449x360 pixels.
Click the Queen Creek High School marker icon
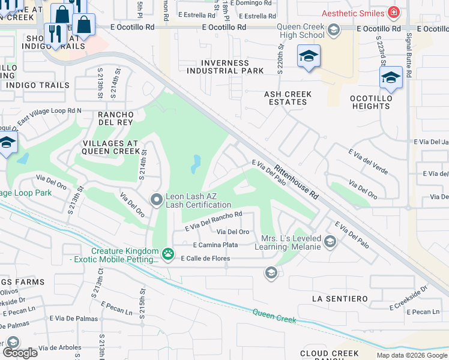click(333, 29)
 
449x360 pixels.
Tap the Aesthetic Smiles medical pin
click(393, 12)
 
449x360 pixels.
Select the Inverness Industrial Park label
click(225, 67)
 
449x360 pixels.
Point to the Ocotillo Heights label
click(372, 102)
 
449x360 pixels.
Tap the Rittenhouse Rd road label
click(296, 182)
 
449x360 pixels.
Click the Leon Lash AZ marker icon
click(157, 199)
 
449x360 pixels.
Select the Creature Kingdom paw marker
click(168, 255)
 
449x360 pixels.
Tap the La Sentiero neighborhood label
click(340, 298)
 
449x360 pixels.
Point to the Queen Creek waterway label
click(274, 316)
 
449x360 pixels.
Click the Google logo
click(20, 352)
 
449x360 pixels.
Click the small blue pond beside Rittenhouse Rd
click(196, 164)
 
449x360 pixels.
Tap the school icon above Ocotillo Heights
click(391, 77)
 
